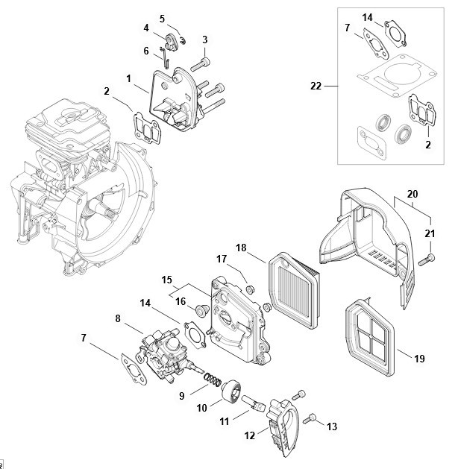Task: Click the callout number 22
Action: [x=316, y=86]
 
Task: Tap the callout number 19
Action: [x=419, y=359]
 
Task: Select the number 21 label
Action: [x=430, y=233]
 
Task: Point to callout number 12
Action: [x=249, y=435]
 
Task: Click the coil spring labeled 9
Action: [x=213, y=380]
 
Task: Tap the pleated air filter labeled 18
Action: [x=294, y=291]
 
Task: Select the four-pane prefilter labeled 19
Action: [x=370, y=336]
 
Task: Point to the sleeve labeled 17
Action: [x=250, y=289]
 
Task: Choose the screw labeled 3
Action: [x=201, y=64]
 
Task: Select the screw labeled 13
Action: [x=310, y=418]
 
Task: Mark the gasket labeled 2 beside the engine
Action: [x=147, y=128]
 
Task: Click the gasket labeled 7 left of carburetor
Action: [x=134, y=369]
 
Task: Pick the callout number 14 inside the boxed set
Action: [x=367, y=17]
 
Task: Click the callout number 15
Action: [x=166, y=280]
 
